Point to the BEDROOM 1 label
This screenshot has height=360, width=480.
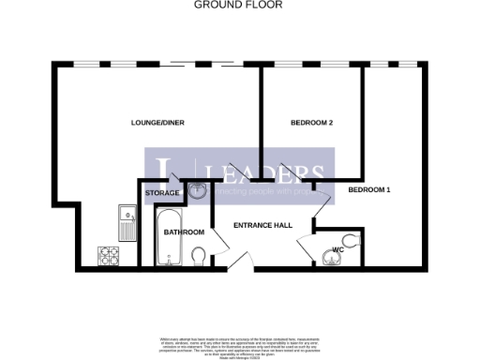coord(368,190)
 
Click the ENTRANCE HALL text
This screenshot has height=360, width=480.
coord(262,225)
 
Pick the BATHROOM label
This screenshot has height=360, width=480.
coord(184,232)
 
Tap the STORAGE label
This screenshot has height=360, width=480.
coord(161,193)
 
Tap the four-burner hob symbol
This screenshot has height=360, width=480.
coord(107,254)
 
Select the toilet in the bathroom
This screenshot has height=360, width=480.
coord(198,255)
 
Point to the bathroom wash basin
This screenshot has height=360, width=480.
coord(198,192)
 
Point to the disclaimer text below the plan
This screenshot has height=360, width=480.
coord(240,343)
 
